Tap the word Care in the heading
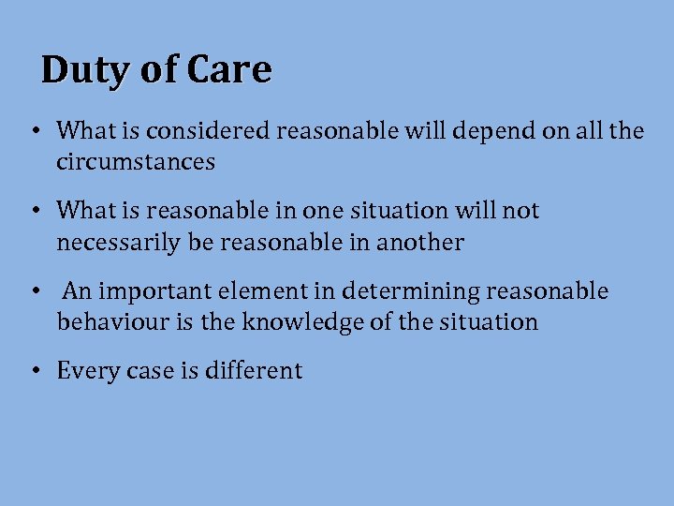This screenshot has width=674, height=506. click(229, 70)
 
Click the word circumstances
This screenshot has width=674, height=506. click(136, 162)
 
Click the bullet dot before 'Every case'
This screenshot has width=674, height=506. click(34, 371)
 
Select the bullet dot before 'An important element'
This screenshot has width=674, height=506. click(34, 291)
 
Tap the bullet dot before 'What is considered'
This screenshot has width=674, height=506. click(34, 131)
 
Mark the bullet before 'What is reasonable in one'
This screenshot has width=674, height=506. click(34, 212)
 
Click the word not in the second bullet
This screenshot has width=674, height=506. click(521, 211)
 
